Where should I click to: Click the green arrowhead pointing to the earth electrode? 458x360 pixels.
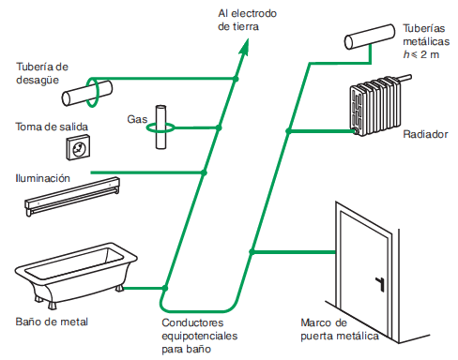[x=245, y=48]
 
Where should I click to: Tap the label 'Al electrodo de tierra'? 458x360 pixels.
[x=247, y=20]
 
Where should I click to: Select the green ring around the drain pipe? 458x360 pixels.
[x=92, y=93]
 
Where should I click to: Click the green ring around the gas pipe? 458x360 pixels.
[x=160, y=127]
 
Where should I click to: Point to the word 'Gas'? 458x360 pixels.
[x=137, y=119]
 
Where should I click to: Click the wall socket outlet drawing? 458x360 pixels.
[x=78, y=147]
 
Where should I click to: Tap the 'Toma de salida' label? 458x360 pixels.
[x=52, y=127]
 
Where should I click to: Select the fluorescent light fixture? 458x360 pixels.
[x=72, y=197]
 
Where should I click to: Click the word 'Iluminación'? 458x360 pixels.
[x=43, y=178]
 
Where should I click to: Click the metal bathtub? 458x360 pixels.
[x=76, y=275]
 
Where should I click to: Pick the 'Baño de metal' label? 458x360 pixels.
[x=52, y=322]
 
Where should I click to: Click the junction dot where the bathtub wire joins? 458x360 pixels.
[x=165, y=288]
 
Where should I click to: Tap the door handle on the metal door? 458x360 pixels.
[x=380, y=283]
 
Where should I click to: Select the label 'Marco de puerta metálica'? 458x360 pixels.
[x=340, y=329]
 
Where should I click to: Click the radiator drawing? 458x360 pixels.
[x=378, y=105]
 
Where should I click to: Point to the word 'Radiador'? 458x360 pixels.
[x=425, y=134]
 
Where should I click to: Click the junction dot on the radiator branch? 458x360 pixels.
[x=288, y=131]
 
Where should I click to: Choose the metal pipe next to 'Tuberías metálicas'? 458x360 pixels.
[x=370, y=37]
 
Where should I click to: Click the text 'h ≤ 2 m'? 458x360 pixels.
[x=421, y=54]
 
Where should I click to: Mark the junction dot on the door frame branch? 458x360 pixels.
[x=252, y=251]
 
